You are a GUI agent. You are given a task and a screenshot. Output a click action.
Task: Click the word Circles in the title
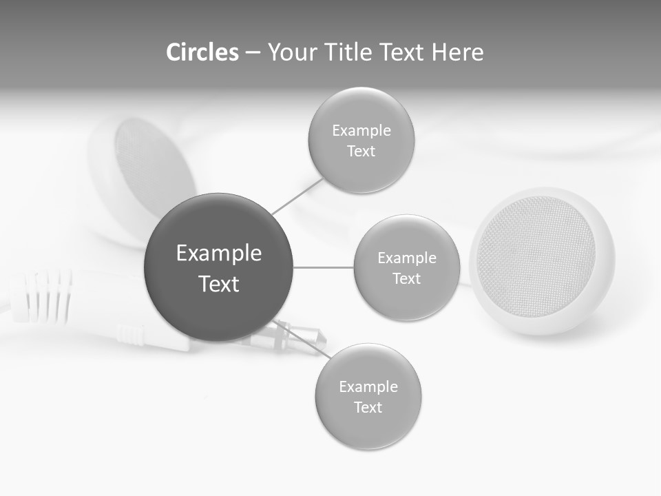tap(202, 52)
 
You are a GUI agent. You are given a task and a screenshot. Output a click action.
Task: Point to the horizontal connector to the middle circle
tap(324, 267)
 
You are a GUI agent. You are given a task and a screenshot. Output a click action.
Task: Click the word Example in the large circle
tap(219, 253)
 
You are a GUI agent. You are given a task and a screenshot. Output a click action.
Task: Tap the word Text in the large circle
tap(219, 284)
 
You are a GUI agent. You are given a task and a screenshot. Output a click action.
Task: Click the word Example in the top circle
tap(361, 130)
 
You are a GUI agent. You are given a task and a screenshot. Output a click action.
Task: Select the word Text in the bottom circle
tap(368, 407)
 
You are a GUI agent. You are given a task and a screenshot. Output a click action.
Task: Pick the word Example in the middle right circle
tap(407, 258)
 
